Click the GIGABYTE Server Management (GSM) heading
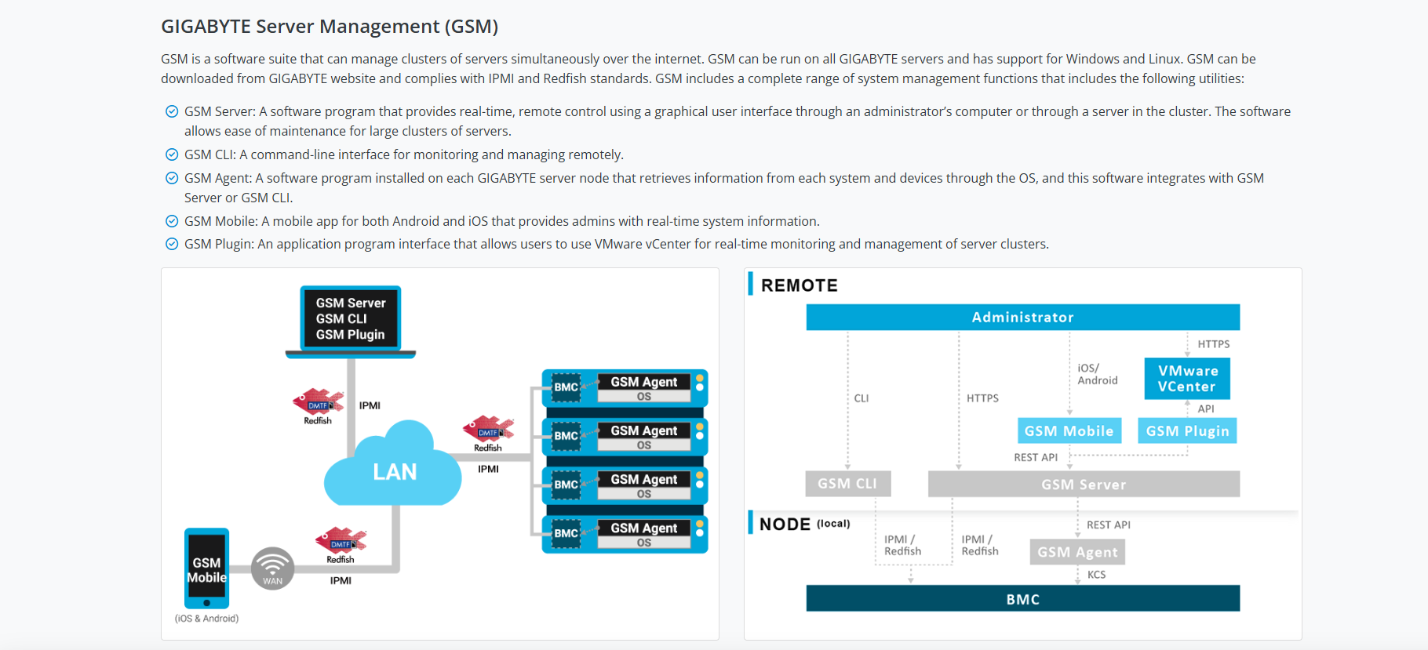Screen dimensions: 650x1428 pos(330,27)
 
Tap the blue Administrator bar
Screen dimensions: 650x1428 pos(1022,317)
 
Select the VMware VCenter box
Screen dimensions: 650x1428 pos(1187,379)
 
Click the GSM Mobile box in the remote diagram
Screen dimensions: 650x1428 pos(1069,430)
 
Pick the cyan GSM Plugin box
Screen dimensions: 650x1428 pos(1187,430)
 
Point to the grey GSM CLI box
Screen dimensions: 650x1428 pos(847,484)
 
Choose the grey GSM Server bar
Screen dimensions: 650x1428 pos(1084,485)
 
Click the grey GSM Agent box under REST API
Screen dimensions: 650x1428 pos(1077,552)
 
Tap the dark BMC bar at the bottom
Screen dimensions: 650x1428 pos(1022,599)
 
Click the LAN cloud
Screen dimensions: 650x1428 pos(394,470)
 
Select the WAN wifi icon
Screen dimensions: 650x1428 pos(272,568)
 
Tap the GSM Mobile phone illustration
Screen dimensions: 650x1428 pos(206,568)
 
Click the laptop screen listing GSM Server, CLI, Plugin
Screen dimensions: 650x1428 pos(351,318)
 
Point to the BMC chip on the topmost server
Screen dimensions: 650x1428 pos(566,387)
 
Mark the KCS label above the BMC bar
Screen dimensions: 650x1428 pos(1096,575)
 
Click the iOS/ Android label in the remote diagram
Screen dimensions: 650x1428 pos(1097,374)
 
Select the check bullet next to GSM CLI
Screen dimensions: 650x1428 pos(172,154)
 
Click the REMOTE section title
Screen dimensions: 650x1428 pos(799,285)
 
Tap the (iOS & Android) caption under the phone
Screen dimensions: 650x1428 pos(206,619)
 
